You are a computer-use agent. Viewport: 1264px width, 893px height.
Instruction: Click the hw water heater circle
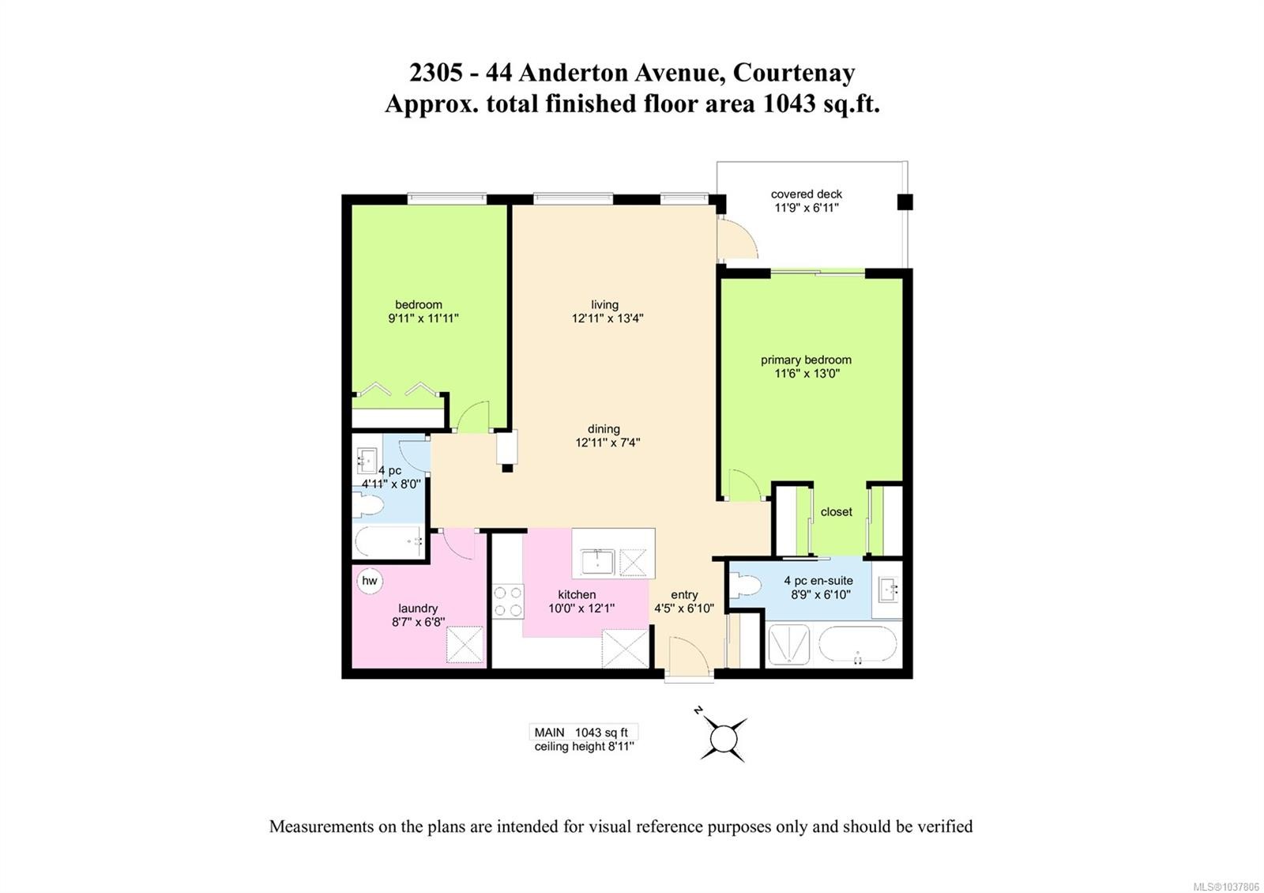coord(370,581)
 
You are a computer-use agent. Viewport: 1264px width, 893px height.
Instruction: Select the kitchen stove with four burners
coord(508,601)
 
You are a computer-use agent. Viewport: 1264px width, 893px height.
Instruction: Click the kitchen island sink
coord(597,562)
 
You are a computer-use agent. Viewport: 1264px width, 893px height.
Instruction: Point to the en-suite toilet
coord(745,586)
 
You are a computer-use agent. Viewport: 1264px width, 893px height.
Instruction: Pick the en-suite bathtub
coord(858,644)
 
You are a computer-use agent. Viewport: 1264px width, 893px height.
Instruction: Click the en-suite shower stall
coord(789,645)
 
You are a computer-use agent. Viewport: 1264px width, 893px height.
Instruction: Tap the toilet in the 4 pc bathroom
coord(368,504)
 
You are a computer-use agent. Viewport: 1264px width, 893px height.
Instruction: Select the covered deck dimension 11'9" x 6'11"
coord(807,208)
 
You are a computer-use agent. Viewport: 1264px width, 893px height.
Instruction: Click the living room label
coord(604,305)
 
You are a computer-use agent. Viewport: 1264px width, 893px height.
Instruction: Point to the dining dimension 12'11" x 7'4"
coord(608,443)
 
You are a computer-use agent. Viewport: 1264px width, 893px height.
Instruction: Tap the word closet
coord(837,512)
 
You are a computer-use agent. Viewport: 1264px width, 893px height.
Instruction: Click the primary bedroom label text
coord(806,360)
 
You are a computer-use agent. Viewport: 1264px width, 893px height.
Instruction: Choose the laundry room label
coord(418,609)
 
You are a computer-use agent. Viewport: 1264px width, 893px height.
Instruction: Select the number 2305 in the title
coord(436,73)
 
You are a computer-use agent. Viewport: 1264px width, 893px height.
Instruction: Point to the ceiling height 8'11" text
coord(584,747)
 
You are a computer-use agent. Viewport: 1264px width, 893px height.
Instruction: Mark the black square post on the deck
coord(905,202)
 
